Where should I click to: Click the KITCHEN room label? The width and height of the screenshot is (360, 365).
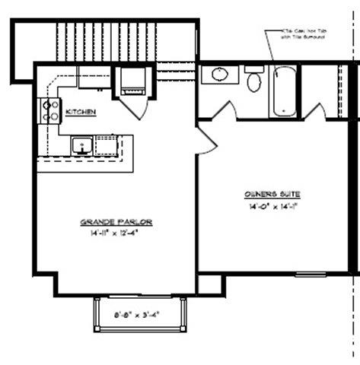(x=81, y=112)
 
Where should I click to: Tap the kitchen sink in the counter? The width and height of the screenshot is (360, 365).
(x=81, y=144)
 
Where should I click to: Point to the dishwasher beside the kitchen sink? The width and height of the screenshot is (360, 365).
(x=107, y=144)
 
